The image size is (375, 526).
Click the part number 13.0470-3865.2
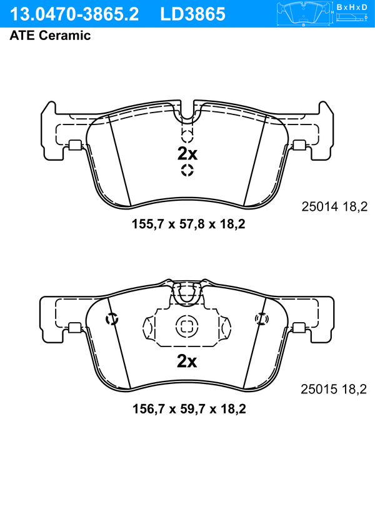point(74,14)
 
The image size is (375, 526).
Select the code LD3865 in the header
point(192,14)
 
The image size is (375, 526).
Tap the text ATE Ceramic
point(50,36)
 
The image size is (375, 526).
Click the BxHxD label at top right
point(352,7)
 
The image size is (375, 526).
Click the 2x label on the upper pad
point(187,154)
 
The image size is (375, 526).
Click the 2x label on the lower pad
point(187,361)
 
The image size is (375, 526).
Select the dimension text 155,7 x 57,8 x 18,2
point(189,224)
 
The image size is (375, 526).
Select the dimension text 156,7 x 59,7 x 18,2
point(189,409)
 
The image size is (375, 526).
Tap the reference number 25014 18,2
point(334,206)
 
